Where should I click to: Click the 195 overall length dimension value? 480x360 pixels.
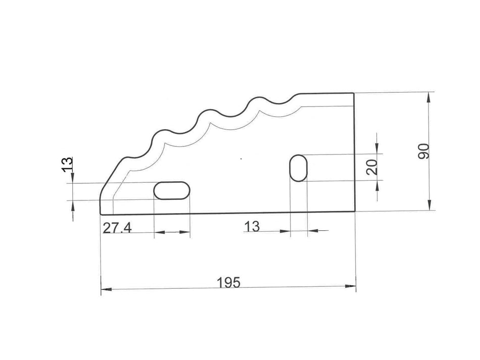[x=228, y=282]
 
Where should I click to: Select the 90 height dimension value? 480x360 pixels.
[x=424, y=151]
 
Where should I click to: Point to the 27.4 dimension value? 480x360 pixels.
[x=117, y=228]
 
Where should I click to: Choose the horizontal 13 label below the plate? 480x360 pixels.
[x=251, y=227]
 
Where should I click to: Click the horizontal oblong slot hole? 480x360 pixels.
[x=172, y=191]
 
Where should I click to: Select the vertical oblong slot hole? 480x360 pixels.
[x=299, y=168]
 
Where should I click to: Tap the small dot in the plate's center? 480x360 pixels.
[x=241, y=159]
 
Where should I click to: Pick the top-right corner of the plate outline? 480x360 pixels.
[x=354, y=93]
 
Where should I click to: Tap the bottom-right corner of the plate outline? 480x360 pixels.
[x=354, y=212]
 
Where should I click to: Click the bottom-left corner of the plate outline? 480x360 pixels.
[x=102, y=214]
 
